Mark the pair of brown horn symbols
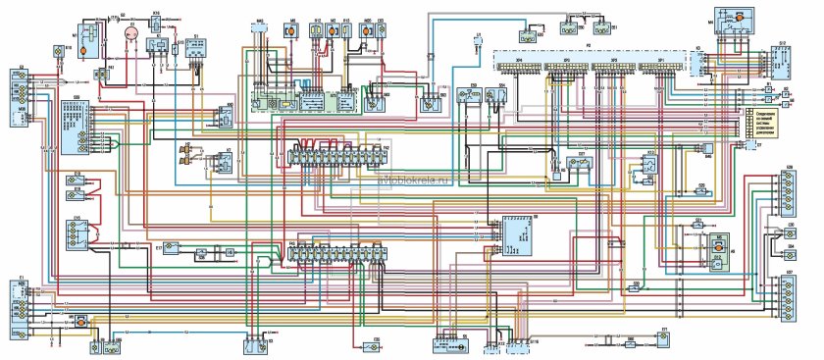(184, 153)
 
